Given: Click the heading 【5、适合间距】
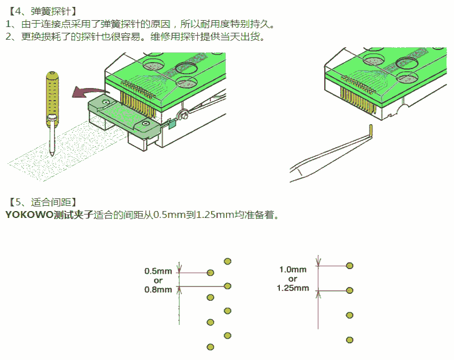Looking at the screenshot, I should tap(44, 202).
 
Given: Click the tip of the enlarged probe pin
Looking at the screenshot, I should tap(52, 154).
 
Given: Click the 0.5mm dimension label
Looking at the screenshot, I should tap(158, 270).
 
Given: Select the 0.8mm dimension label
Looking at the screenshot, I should tap(158, 289).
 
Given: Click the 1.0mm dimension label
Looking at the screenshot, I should tap(293, 269).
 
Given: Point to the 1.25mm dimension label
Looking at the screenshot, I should tap(293, 288).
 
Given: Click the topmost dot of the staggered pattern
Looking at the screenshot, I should tap(228, 261).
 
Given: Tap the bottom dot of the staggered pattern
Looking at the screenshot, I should tap(210, 347).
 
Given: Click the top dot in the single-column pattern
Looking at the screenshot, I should tap(349, 266).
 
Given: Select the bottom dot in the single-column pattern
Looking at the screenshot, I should tap(349, 340).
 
